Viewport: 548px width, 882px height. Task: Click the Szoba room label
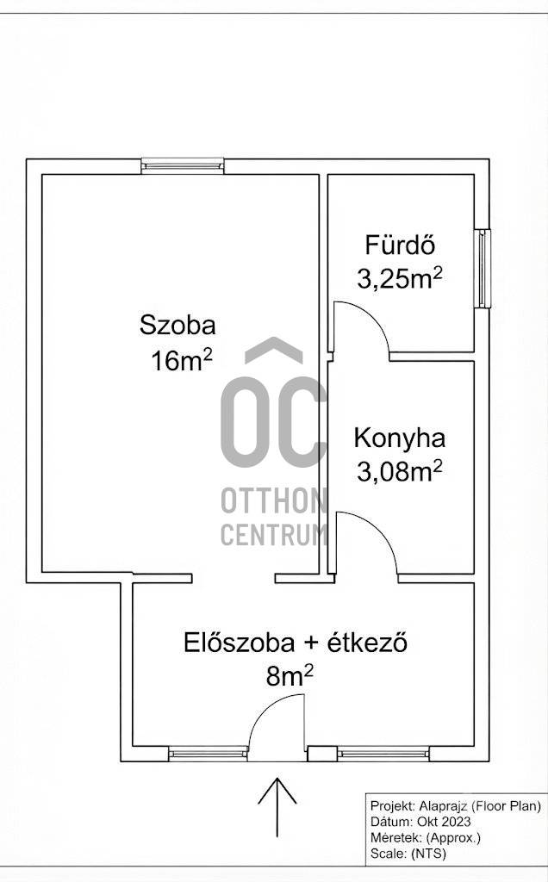(x=177, y=325)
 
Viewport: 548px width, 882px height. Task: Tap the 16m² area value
(x=181, y=360)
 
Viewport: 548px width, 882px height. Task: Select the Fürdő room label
(x=401, y=245)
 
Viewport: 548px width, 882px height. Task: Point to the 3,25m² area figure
(x=400, y=278)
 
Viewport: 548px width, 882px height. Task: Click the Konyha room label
(x=400, y=438)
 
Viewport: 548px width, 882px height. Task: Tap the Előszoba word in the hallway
(x=239, y=643)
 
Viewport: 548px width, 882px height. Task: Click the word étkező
(x=367, y=643)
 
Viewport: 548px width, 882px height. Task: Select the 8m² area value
(x=290, y=677)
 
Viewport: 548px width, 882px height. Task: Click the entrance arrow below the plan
(x=277, y=807)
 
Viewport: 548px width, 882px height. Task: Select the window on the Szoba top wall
(x=183, y=166)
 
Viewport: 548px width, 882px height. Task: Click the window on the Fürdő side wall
(x=483, y=269)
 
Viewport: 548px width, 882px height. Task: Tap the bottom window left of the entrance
(x=209, y=754)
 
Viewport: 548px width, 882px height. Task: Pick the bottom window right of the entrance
(x=383, y=754)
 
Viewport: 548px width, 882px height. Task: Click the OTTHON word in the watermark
(x=274, y=500)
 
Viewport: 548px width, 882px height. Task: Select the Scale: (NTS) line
(x=408, y=854)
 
